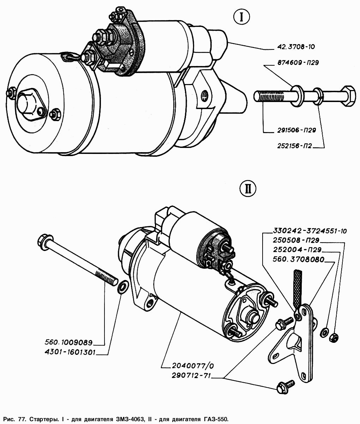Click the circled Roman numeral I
click(241, 17)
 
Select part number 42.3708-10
click(296, 47)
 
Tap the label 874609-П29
click(298, 62)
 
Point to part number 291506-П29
click(296, 130)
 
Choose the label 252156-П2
click(295, 146)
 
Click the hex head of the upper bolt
click(348, 96)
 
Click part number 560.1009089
click(68, 342)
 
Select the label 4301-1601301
click(70, 352)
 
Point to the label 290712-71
click(191, 376)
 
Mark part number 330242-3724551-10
click(310, 231)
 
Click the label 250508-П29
click(296, 240)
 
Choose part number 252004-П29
click(297, 250)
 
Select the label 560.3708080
click(299, 259)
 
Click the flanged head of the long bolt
click(45, 243)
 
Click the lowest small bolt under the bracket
click(285, 387)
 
